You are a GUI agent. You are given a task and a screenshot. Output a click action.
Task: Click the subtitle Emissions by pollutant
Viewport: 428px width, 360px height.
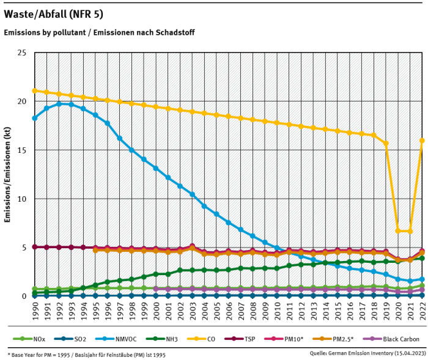99,32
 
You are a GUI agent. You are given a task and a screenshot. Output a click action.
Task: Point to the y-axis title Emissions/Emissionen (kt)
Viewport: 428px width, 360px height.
8,174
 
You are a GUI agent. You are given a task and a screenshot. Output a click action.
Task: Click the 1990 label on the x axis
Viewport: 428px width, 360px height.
35,310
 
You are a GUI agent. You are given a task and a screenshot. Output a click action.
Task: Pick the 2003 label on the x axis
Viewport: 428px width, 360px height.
192,310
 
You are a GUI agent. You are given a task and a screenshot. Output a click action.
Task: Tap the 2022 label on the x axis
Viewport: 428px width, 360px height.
422,310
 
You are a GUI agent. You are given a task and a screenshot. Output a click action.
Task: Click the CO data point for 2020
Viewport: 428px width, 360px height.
398,231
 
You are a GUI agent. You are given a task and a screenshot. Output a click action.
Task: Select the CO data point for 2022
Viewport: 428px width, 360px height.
422,141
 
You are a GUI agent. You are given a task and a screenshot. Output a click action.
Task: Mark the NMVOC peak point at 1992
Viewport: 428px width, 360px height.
59,104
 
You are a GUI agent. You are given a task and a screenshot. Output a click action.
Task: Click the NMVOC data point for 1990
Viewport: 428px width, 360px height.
35,118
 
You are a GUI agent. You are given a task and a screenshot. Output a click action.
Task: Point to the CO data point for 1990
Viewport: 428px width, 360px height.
35,90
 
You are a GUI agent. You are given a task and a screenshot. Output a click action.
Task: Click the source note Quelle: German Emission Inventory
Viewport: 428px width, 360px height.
369,353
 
